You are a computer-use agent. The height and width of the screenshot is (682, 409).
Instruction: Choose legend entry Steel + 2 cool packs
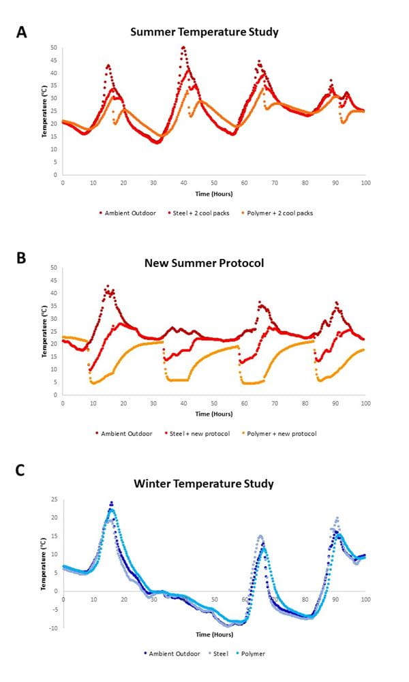(188, 213)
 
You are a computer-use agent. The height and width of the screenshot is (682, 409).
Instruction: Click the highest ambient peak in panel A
(183, 47)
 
